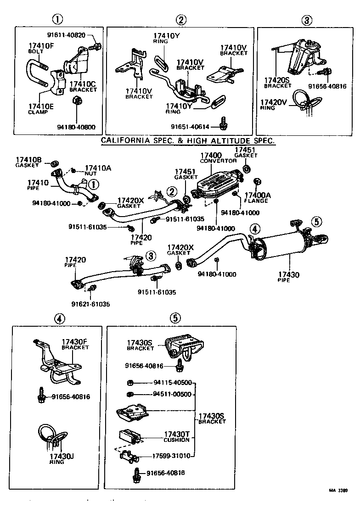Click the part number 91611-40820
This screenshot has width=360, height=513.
click(67, 35)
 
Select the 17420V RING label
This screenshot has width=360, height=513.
click(274, 105)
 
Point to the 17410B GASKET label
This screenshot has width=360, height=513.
click(28, 162)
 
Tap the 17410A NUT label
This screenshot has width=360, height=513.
click(98, 170)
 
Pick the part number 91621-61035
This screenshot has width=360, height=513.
click(90, 304)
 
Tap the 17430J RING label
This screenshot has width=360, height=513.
click(62, 459)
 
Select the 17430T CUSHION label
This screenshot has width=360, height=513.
click(177, 436)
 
